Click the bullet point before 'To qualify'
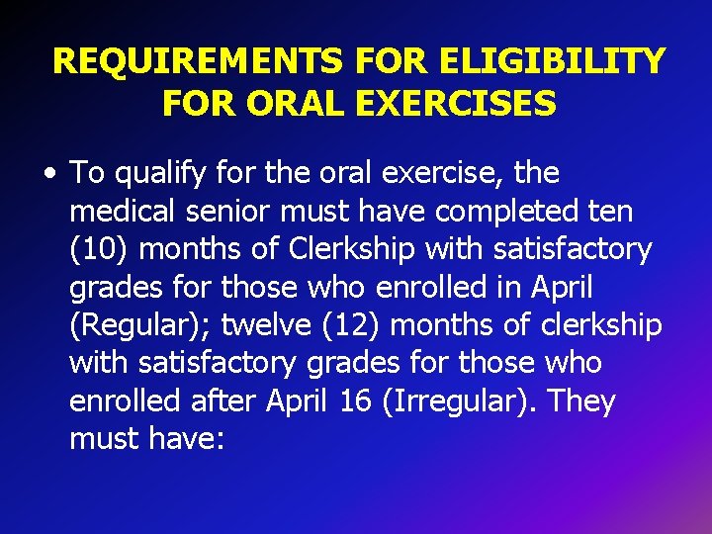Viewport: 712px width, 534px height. click(x=49, y=174)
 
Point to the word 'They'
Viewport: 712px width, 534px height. click(x=581, y=401)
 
